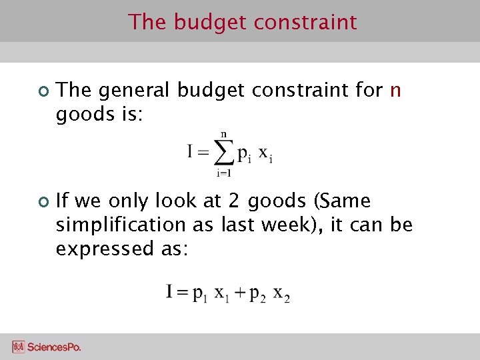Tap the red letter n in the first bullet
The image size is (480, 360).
(395, 90)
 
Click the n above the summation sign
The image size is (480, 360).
(223, 134)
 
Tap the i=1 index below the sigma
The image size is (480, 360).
(223, 174)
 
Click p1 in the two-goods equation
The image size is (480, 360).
(200, 293)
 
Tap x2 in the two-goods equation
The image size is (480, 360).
(282, 293)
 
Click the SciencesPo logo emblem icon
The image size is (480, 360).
(18, 347)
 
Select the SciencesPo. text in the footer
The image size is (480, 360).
(54, 347)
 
